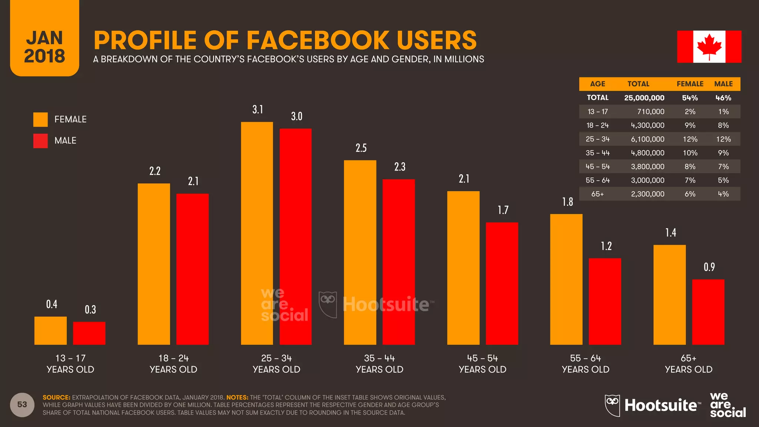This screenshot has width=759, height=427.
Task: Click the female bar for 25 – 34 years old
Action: pos(257,234)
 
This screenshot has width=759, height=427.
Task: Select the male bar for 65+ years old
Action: pos(708,312)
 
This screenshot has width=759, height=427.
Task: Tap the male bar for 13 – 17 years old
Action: pos(89,333)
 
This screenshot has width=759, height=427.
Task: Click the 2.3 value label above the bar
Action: pos(400,167)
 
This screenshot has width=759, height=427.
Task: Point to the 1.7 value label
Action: pos(503,210)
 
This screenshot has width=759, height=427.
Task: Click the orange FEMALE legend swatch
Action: pos(40,119)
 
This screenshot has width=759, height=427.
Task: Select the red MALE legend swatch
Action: pos(40,141)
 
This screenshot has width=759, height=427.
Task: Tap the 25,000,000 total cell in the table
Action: pos(644,98)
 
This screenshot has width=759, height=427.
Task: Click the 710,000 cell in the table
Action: pos(650,112)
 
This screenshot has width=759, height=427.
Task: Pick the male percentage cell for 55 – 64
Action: pos(723,181)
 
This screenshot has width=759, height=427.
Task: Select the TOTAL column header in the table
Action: pos(638,84)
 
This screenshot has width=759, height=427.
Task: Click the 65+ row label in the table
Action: pos(597,194)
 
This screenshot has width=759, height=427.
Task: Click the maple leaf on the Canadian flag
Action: pos(709,47)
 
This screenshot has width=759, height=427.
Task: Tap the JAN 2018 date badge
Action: pos(44,47)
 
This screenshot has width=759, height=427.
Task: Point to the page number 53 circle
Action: pos(22,404)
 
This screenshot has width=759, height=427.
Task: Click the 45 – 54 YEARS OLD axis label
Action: pos(482,364)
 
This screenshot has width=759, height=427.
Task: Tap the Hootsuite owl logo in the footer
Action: pos(612,405)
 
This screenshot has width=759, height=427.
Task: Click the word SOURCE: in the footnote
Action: pos(56,397)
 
